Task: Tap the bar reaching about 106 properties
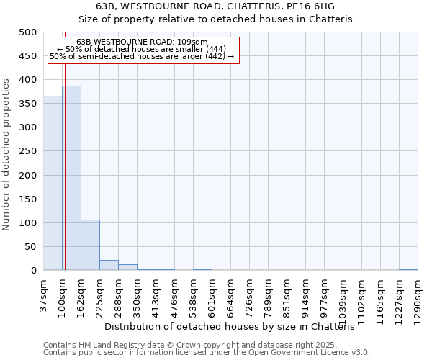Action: click(90, 245)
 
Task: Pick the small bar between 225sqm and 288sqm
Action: click(109, 265)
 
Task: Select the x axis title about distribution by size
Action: click(235, 327)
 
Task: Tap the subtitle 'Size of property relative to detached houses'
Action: click(215, 19)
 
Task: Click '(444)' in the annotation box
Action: click(216, 49)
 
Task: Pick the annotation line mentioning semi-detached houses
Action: click(142, 56)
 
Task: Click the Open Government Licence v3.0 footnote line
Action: click(207, 353)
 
